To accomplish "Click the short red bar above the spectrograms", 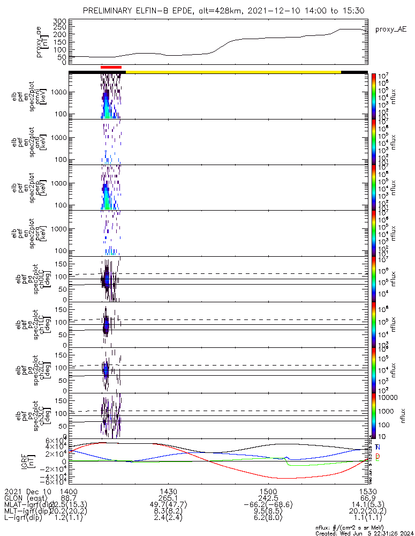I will pos(111,67).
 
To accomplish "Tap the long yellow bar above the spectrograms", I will pos(233,71).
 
